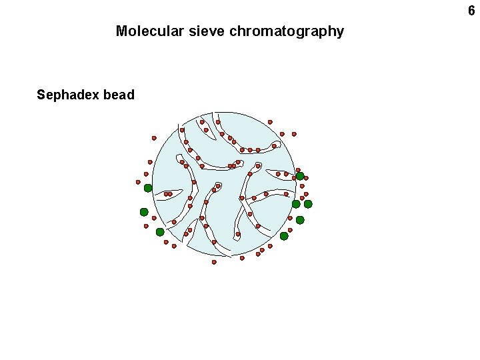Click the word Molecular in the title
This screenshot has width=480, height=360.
[145, 31]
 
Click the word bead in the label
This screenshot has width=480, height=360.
[119, 95]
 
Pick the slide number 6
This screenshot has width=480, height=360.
[471, 11]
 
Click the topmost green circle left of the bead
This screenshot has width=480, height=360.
[148, 188]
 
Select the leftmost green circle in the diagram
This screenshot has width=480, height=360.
[144, 212]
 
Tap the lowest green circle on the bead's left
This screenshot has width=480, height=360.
[160, 232]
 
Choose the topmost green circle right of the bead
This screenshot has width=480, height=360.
[300, 176]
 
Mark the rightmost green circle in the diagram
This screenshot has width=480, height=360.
[308, 204]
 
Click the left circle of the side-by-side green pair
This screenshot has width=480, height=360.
[296, 204]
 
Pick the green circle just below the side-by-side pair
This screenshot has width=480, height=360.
[300, 220]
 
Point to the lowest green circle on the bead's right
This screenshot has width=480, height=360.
[284, 236]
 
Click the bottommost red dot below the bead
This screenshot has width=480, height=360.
[214, 262]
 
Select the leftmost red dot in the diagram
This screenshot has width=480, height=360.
[139, 182]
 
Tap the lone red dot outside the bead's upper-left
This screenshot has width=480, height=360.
[154, 138]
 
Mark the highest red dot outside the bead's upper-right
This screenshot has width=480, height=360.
[270, 122]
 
